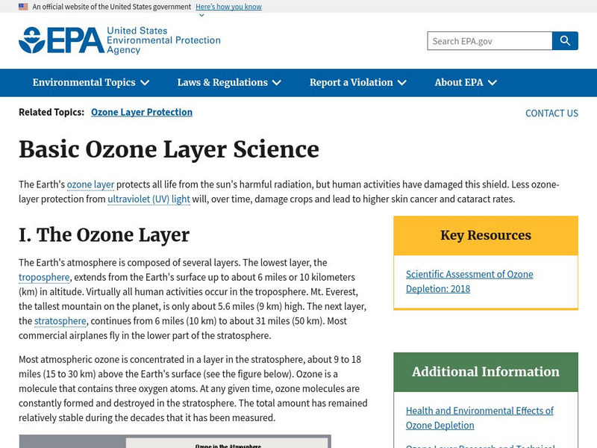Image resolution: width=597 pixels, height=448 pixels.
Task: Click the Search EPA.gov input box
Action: coord(490,41)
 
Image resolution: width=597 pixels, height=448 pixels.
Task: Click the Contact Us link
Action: coord(551,113)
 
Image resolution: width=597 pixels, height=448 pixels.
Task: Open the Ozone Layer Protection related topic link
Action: coord(142,112)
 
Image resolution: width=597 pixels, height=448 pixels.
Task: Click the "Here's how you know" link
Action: coord(228,7)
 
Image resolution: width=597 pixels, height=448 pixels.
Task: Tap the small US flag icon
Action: coord(23,7)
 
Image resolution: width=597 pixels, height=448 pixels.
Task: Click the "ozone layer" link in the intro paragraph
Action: coord(90,184)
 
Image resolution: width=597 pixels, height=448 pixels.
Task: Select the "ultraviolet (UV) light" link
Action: coord(149,199)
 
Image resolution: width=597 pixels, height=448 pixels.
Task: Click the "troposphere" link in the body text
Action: coord(44,278)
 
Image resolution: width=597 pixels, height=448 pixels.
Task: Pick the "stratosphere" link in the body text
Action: coord(60,321)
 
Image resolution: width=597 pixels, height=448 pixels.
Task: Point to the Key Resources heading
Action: coord(486,235)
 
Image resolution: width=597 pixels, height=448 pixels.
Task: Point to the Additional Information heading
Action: coord(486,372)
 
